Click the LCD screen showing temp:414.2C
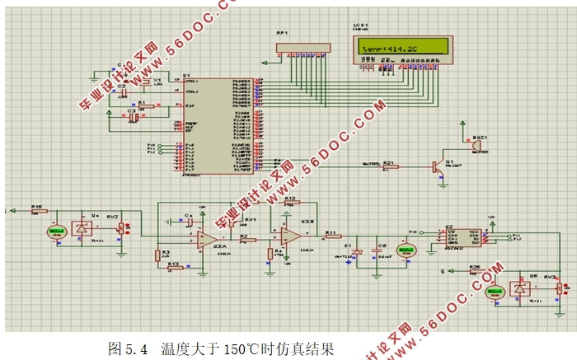pos(405,49)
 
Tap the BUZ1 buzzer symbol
pos(475,145)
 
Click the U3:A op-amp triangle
pos(204,239)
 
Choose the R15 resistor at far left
pos(36,212)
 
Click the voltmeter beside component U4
pos(57,232)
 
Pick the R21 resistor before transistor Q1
pos(389,167)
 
